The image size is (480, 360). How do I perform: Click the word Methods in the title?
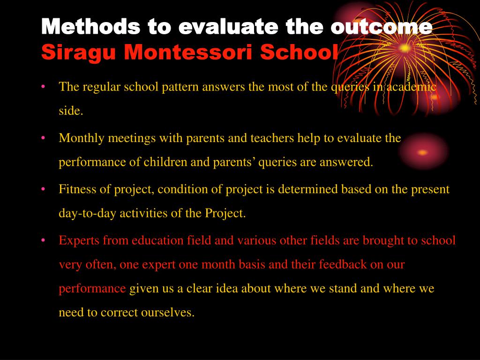tap(91, 26)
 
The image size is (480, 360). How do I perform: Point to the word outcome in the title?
tap(382, 27)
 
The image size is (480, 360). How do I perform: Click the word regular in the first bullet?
tap(101, 87)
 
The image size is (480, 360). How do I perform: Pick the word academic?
tap(412, 87)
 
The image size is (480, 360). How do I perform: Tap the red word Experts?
tap(79, 240)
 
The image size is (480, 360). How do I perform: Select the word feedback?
tap(343, 264)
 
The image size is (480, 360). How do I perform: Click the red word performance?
tap(92, 289)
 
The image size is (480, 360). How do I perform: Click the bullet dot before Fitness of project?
tap(43, 189)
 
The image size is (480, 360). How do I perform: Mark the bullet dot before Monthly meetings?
tap(43, 138)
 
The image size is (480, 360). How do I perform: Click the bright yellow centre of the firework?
tap(405, 48)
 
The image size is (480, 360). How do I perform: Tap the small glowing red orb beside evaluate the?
tap(423, 152)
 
